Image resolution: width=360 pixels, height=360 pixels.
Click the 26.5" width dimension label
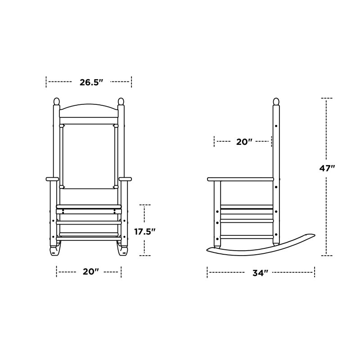click(92, 82)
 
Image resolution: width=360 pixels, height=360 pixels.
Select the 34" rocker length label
click(261, 273)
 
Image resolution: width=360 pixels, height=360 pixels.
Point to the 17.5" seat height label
click(145, 232)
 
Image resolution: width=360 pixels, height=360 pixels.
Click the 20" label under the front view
click(90, 272)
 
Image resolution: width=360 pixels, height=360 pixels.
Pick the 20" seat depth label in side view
click(243, 142)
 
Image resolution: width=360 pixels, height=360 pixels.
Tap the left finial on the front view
click(56, 102)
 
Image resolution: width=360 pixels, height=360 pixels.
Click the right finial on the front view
click(121, 102)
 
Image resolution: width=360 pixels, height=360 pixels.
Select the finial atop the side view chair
click(276, 102)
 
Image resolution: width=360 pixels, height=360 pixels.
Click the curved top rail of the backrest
click(89, 109)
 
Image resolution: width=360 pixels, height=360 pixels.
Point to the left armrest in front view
click(52, 180)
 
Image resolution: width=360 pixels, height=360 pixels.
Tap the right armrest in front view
click(125, 180)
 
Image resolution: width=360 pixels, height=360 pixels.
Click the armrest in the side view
click(241, 180)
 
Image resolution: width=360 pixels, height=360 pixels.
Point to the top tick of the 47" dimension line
click(327, 98)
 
